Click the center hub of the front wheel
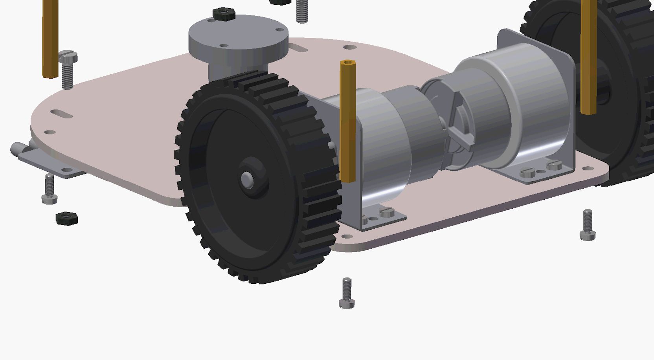pyautogui.click(x=248, y=179)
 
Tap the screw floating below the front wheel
pyautogui.click(x=347, y=293)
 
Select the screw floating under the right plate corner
pyautogui.click(x=588, y=224)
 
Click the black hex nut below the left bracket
pyautogui.click(x=67, y=219)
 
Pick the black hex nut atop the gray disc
pyautogui.click(x=224, y=14)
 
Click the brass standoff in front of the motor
pyautogui.click(x=348, y=122)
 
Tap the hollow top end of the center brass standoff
pyautogui.click(x=347, y=62)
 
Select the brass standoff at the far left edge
pyautogui.click(x=50, y=39)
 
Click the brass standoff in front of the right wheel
pyautogui.click(x=588, y=59)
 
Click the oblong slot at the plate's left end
pyautogui.click(x=62, y=114)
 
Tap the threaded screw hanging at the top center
pyautogui.click(x=301, y=11)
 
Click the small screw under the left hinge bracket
pyautogui.click(x=50, y=189)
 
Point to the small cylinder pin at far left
pyautogui.click(x=18, y=149)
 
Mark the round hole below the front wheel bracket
pyautogui.click(x=347, y=237)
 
